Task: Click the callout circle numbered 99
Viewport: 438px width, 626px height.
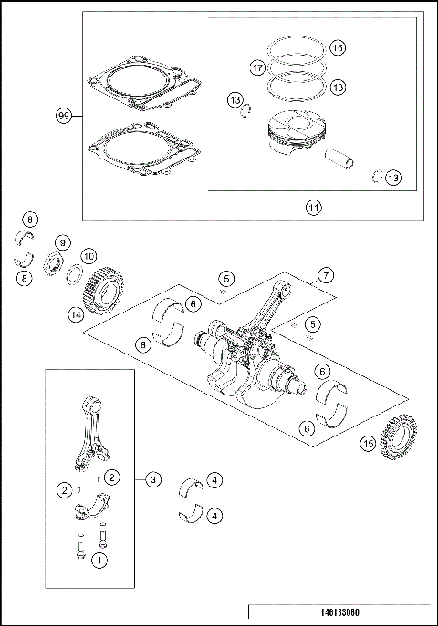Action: click(x=64, y=116)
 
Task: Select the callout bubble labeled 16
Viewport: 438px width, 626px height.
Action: click(x=337, y=47)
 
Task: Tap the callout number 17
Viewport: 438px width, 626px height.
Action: click(x=257, y=67)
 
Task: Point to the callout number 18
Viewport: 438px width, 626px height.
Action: click(x=337, y=87)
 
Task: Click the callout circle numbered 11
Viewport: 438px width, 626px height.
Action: click(x=312, y=207)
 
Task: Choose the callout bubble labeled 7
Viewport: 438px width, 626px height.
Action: click(x=324, y=274)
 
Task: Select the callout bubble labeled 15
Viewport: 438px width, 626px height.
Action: click(x=368, y=444)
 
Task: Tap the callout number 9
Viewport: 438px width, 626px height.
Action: click(x=62, y=242)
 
